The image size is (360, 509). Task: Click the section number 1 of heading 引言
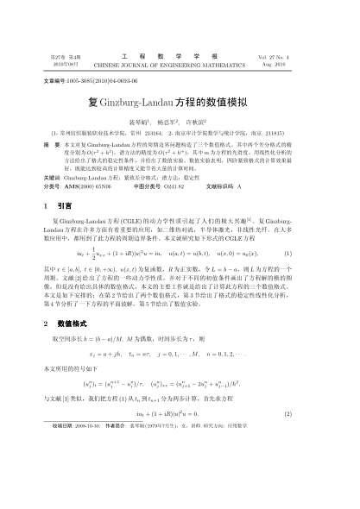(x=43, y=207)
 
